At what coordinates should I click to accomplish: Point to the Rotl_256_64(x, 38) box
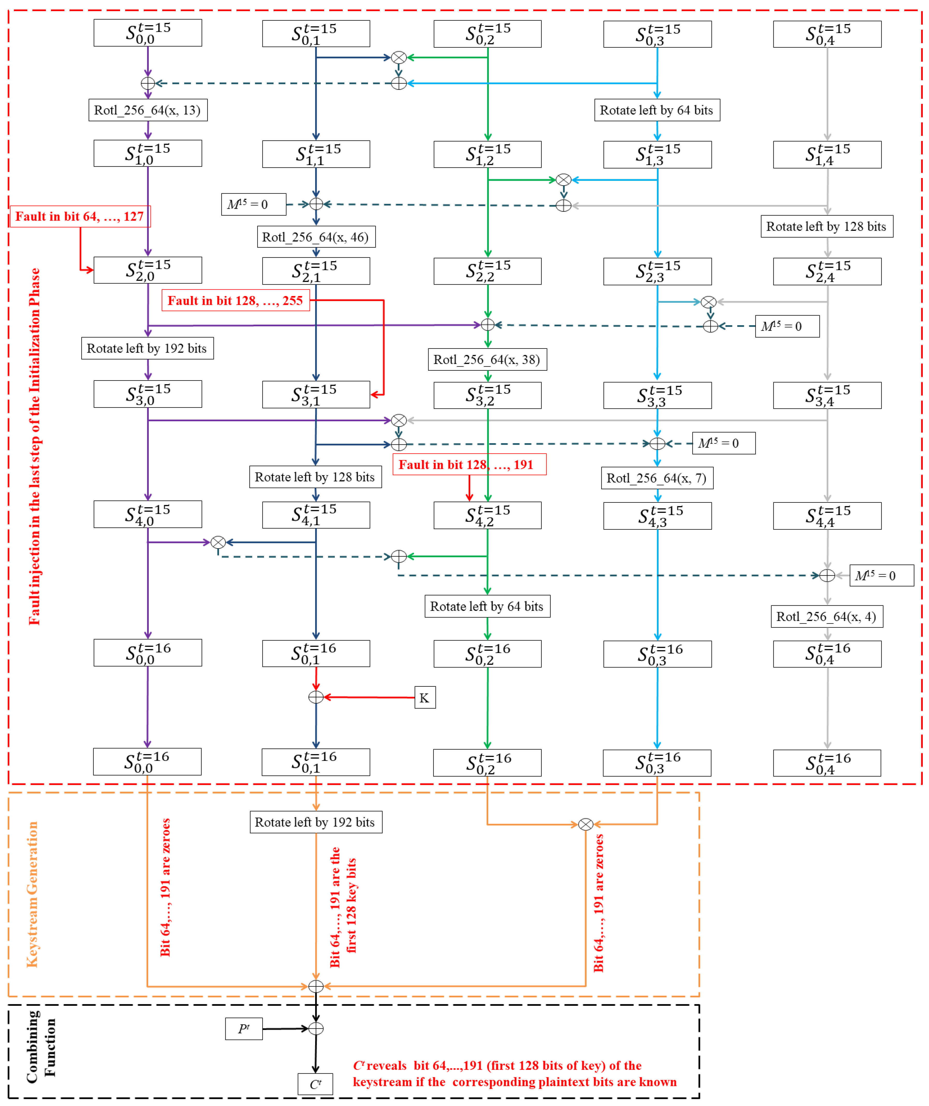coord(487,360)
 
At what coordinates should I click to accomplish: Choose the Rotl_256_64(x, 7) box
coord(657,478)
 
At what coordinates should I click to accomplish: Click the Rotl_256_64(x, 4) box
coord(826,617)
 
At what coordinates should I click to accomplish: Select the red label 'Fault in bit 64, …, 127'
coord(80,217)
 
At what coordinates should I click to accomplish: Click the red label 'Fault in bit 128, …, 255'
coord(235,301)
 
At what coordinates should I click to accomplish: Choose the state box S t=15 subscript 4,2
coord(487,515)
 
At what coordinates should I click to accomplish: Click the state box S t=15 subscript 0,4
coord(827,34)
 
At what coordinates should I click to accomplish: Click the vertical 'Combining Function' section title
coord(41,1048)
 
